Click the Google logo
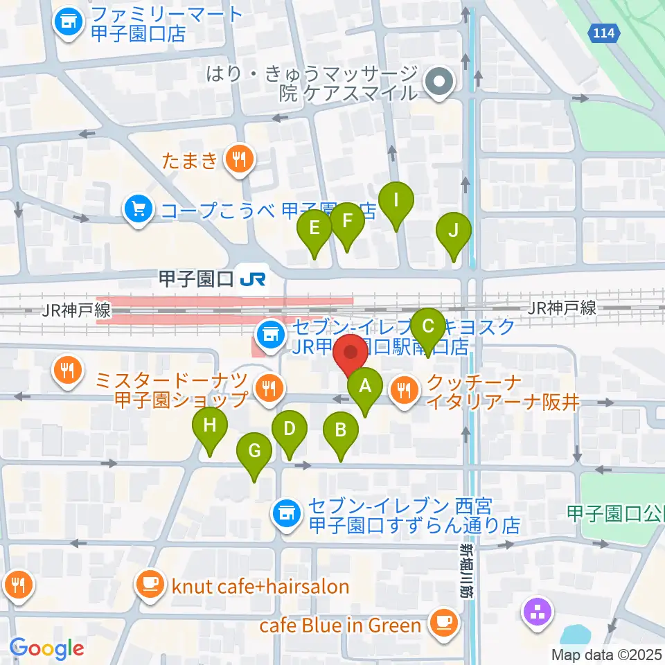click(47, 648)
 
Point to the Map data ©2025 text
click(607, 654)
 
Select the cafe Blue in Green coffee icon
click(441, 624)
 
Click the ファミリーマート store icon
click(68, 23)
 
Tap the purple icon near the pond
click(538, 611)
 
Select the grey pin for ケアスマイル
click(438, 82)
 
